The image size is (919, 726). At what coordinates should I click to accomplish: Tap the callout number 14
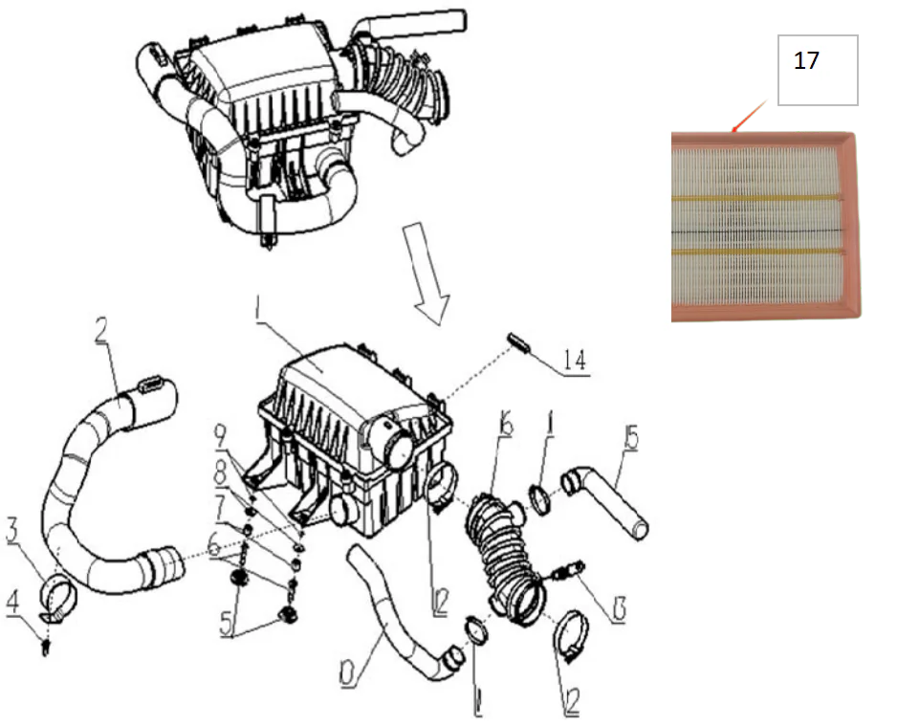[x=575, y=361]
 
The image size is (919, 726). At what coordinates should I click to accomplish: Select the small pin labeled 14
[x=521, y=341]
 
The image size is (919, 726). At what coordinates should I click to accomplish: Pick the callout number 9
[x=222, y=436]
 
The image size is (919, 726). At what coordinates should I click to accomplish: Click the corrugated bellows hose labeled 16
[x=502, y=555]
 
